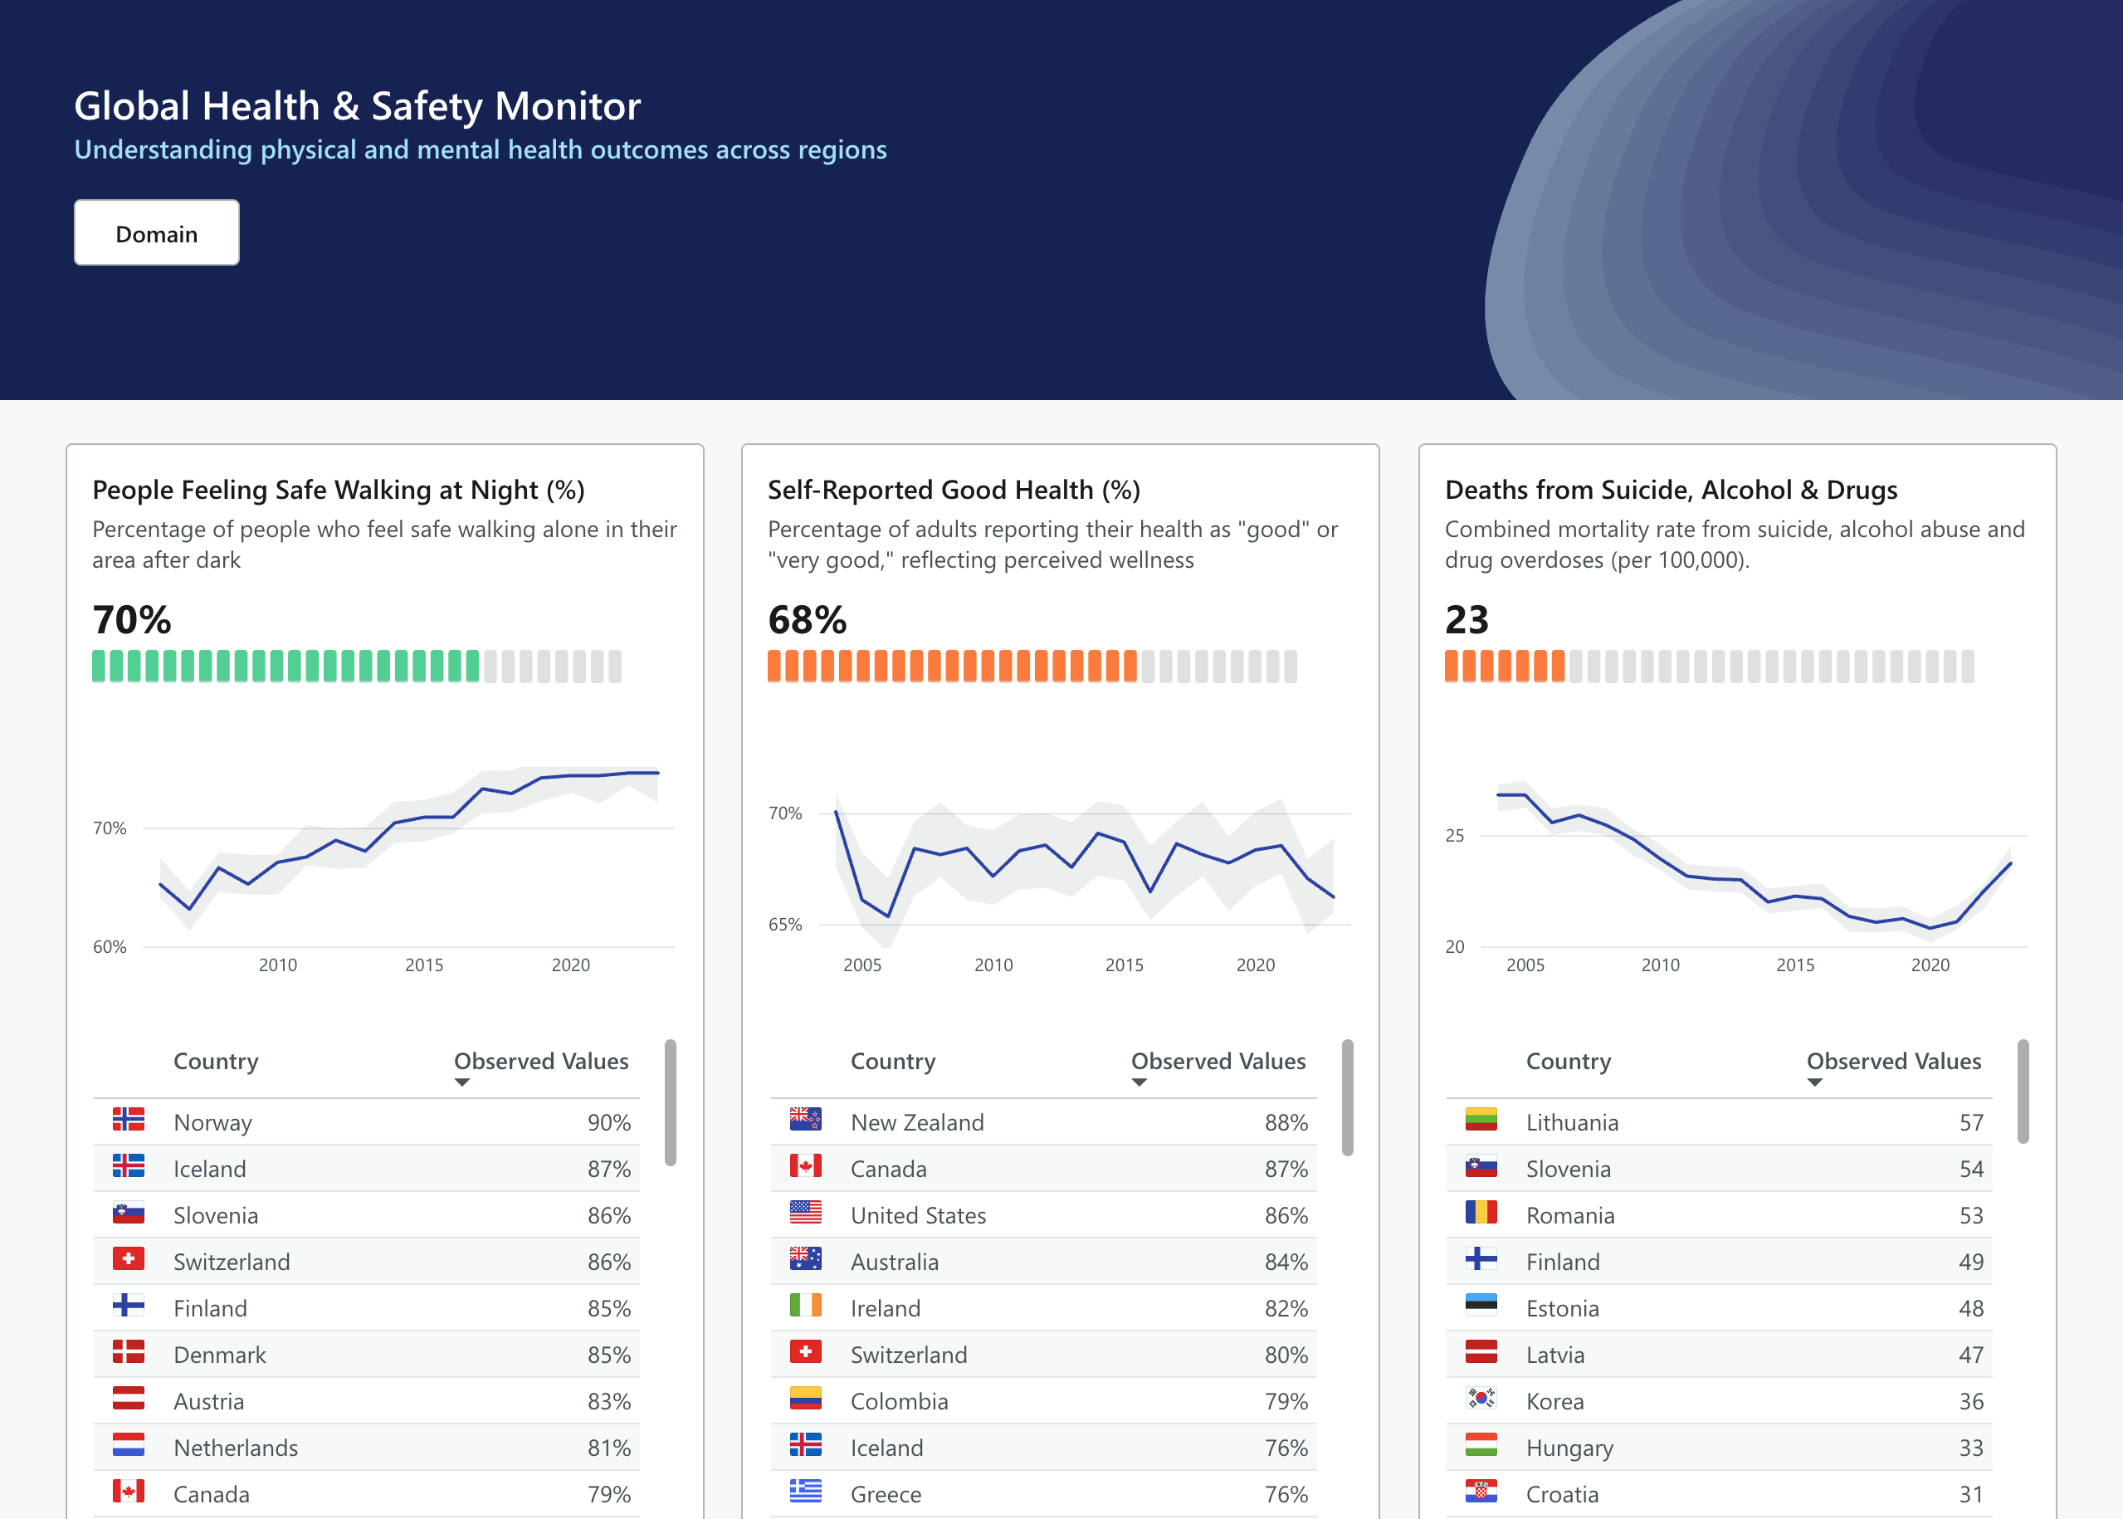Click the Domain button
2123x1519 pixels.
pos(156,233)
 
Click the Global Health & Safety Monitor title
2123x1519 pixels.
pos(357,105)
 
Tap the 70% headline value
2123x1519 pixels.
pos(132,619)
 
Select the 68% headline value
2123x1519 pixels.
pos(806,619)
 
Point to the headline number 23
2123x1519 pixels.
pos(1466,619)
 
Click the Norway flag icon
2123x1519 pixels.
pos(128,1120)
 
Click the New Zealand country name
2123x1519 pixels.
pos(916,1121)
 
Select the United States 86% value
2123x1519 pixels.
pos(1285,1215)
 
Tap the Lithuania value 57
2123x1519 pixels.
pos(1970,1121)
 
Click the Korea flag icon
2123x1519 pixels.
pos(1481,1399)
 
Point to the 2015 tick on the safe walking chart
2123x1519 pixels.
pos(423,965)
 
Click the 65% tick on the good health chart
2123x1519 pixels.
pos(784,924)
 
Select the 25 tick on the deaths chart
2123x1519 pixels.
pos(1454,835)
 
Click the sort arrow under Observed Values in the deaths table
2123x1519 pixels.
pos(1814,1082)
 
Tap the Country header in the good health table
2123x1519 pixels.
pos(892,1061)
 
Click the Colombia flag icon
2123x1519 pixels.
pos(805,1399)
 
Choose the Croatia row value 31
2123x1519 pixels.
pos(1970,1494)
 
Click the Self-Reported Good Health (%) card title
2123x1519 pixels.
pos(953,489)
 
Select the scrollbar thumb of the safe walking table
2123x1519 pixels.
pos(670,1101)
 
